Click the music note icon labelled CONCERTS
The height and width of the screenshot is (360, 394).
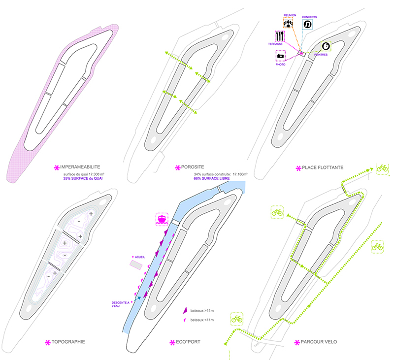[x=307, y=24]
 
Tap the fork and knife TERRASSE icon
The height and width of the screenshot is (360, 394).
[x=280, y=36]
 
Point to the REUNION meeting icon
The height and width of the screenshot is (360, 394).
[x=289, y=23]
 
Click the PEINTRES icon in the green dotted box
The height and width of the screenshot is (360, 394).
[x=327, y=46]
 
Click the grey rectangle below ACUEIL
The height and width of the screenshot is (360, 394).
[x=136, y=265]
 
